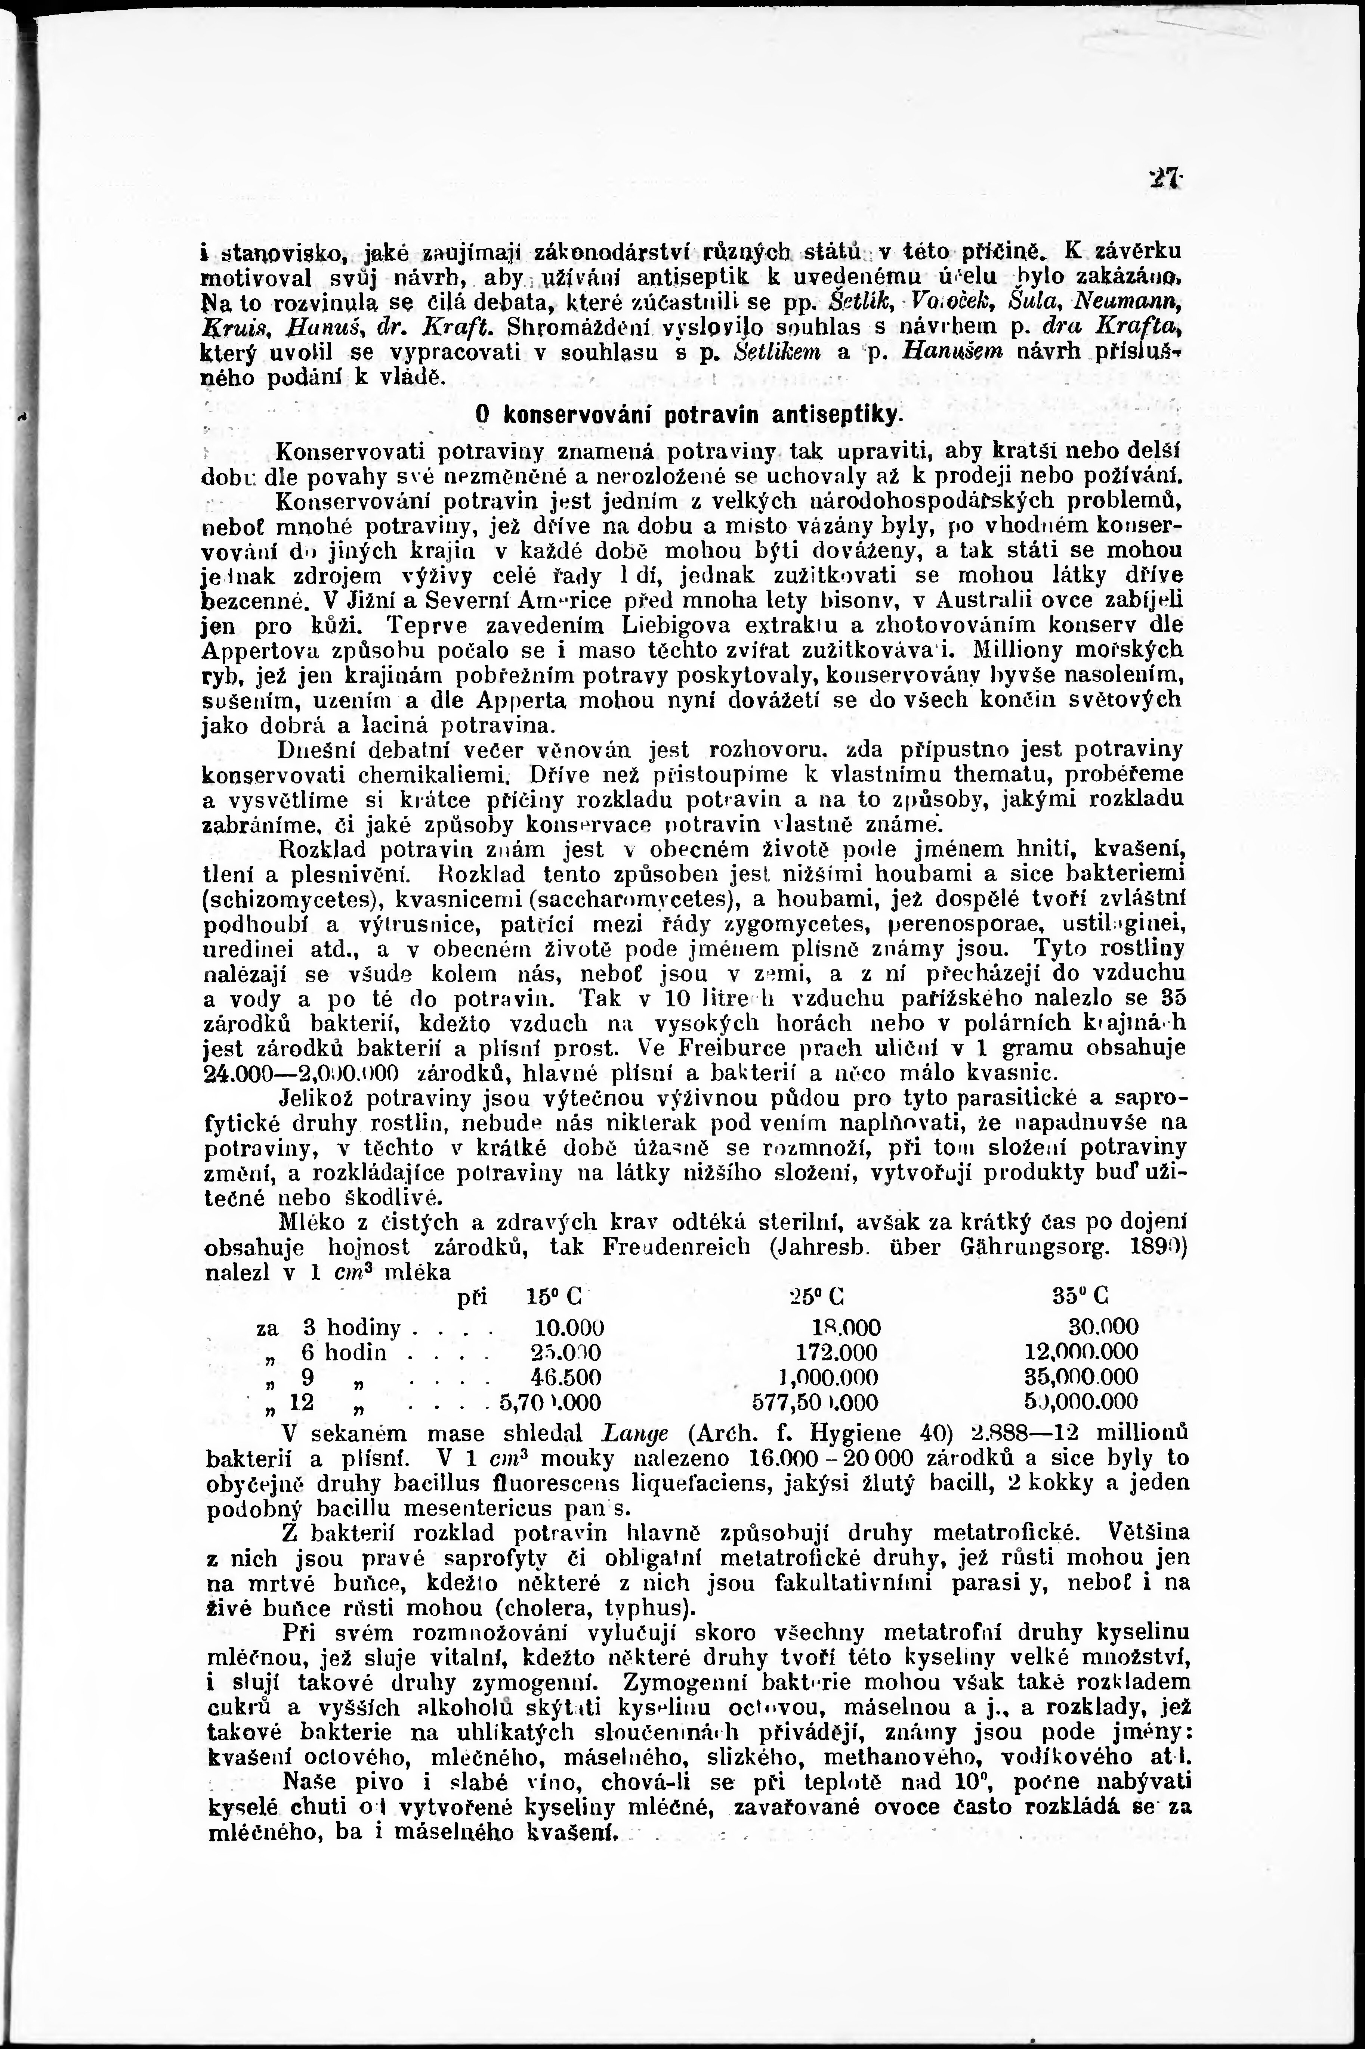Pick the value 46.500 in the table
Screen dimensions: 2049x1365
coord(566,1378)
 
